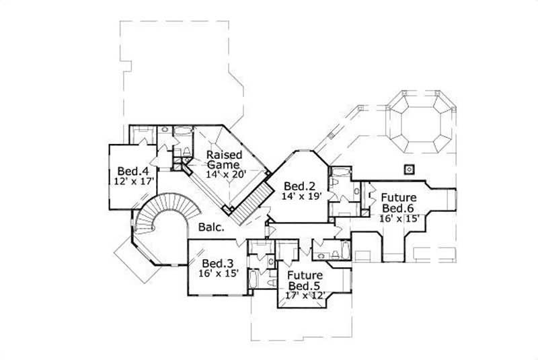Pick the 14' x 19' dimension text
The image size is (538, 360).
(x=301, y=196)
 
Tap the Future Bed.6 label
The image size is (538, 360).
(x=398, y=203)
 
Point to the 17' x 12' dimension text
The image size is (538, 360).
(x=306, y=295)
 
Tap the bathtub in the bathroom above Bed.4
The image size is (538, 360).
(x=182, y=133)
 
